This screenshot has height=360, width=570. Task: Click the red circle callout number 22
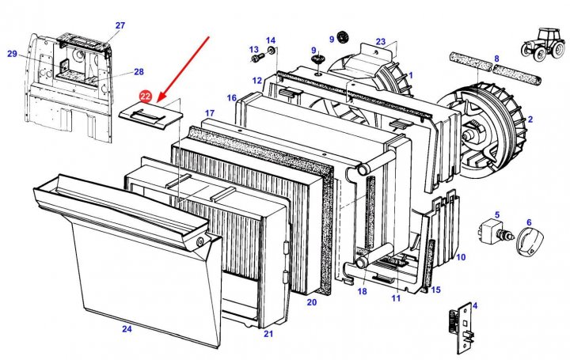coord(145,97)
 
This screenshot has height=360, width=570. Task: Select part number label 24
coord(127,328)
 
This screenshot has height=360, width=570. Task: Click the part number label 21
coord(268,335)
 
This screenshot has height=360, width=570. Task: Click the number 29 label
coord(12,54)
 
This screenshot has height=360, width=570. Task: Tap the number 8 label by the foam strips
coord(496,59)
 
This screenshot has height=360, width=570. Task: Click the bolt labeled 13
coord(255,58)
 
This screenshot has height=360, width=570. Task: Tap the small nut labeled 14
coord(272,51)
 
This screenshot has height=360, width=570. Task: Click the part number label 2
coord(530,119)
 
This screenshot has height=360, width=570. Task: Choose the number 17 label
coord(210,112)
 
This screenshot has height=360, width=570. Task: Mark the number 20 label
coord(311,302)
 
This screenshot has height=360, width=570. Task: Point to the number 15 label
coord(435,290)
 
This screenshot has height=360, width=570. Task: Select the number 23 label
coord(381,42)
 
